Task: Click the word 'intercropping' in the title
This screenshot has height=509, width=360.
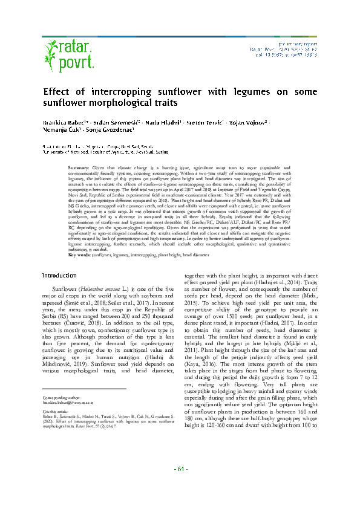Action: point(137,91)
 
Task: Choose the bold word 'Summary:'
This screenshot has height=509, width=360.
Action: point(79,166)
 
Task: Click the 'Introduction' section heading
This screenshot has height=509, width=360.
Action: point(59,275)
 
